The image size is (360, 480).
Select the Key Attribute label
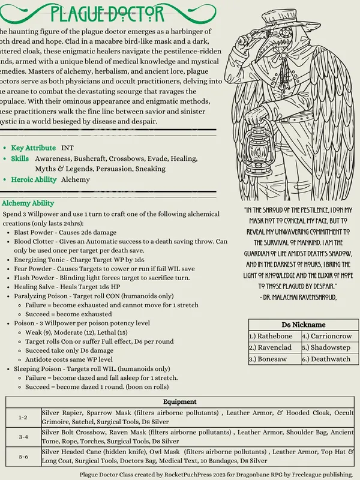coord(33,148)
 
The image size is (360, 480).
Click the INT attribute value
coord(67,148)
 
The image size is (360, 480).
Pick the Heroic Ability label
coord(34,179)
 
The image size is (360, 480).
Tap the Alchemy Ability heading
coord(28,203)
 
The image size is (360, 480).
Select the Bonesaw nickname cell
coord(268,359)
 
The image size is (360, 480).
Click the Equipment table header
coord(179,401)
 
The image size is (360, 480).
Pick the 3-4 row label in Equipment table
coord(23,437)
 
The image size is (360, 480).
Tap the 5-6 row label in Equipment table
coord(23,457)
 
